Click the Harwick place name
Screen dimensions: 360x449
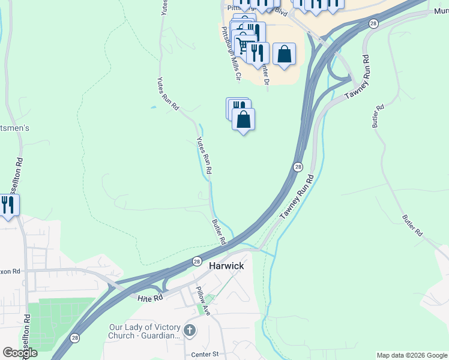coord(226,265)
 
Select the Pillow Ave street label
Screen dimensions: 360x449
coord(200,301)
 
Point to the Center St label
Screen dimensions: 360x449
coord(205,355)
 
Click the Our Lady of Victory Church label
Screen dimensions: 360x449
coord(144,332)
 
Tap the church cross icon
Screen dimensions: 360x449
coord(190,330)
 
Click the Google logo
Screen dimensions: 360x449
coord(20,353)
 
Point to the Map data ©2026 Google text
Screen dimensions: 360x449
coord(411,355)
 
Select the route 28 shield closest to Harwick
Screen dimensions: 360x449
coord(197,261)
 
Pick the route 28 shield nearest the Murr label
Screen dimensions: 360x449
coord(373,23)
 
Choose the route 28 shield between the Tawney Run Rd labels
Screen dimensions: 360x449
coord(298,166)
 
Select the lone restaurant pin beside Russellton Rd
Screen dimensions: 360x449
coord(8,205)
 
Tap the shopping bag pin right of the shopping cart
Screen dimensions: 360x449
coord(284,54)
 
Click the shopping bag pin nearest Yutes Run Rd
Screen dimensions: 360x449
coord(243,119)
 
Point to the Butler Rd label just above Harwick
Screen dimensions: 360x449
coord(218,232)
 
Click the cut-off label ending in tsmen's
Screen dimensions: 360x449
coord(14,128)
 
